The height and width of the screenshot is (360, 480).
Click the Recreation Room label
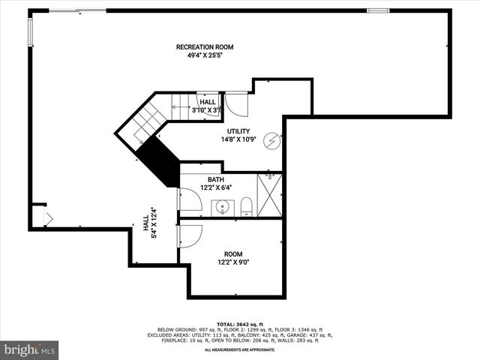point(199,47)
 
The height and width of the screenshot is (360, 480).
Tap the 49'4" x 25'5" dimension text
point(199,55)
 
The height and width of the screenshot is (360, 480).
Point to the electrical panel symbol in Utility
point(274,140)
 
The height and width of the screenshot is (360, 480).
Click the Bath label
point(216,179)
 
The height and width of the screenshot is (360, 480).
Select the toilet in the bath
point(245,206)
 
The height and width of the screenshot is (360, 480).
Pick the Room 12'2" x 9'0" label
point(233,257)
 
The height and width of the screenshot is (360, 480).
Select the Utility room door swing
point(235,103)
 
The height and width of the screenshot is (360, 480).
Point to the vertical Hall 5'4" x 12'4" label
point(149,225)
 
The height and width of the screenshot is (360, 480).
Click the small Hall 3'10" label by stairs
point(207,106)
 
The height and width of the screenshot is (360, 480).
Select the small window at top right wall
point(377,10)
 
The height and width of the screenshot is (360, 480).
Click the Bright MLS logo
point(29,349)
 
